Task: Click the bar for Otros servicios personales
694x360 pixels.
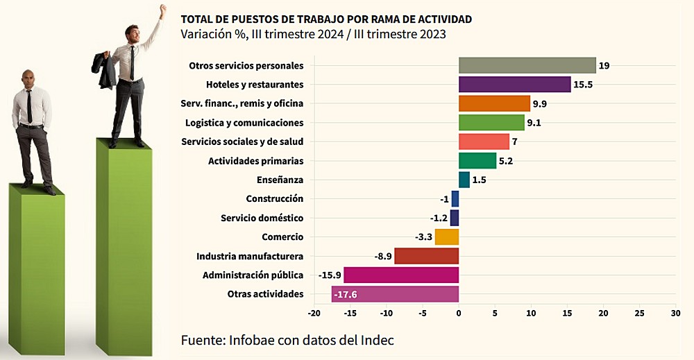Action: coord(527,65)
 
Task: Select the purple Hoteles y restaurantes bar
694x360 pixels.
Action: coord(514,85)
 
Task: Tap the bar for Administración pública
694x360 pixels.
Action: coord(401,275)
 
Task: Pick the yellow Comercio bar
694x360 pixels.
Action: coord(447,237)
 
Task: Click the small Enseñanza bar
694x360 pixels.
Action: coord(464,180)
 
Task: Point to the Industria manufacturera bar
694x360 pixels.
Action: coord(426,256)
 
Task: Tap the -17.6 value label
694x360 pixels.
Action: coord(345,294)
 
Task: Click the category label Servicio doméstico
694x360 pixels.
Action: coord(262,218)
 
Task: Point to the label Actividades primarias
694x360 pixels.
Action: coord(255,161)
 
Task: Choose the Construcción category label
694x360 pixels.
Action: coord(276,199)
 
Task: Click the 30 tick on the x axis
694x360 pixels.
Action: coord(675,314)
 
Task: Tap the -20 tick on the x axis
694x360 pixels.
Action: coord(314,314)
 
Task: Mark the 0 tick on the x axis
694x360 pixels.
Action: coord(459,314)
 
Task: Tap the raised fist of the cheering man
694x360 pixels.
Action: coord(163,10)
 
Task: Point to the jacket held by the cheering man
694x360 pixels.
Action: coord(105,69)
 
